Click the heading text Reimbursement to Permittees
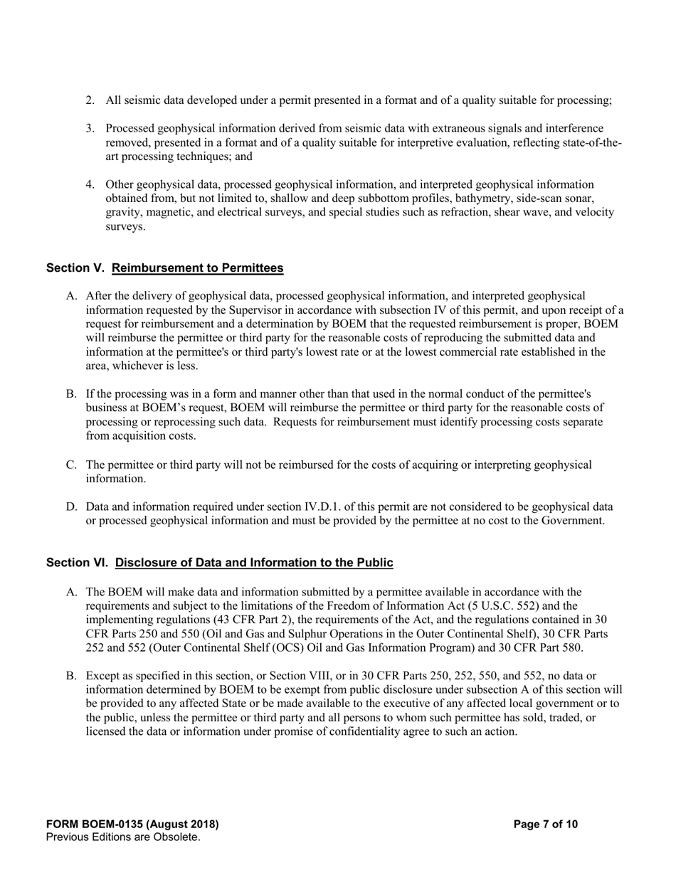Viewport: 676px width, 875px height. pyautogui.click(x=198, y=268)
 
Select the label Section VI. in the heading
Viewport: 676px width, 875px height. pyautogui.click(x=77, y=563)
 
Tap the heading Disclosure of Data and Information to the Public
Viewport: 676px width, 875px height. pyautogui.click(x=254, y=563)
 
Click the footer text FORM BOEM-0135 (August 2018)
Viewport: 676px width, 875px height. pyautogui.click(x=132, y=824)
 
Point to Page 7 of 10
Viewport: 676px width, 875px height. pyautogui.click(x=546, y=824)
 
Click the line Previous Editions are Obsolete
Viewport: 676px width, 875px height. pyautogui.click(x=123, y=837)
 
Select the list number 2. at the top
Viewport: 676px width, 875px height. pyautogui.click(x=90, y=100)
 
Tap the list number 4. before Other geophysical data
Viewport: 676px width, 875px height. pyautogui.click(x=90, y=185)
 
